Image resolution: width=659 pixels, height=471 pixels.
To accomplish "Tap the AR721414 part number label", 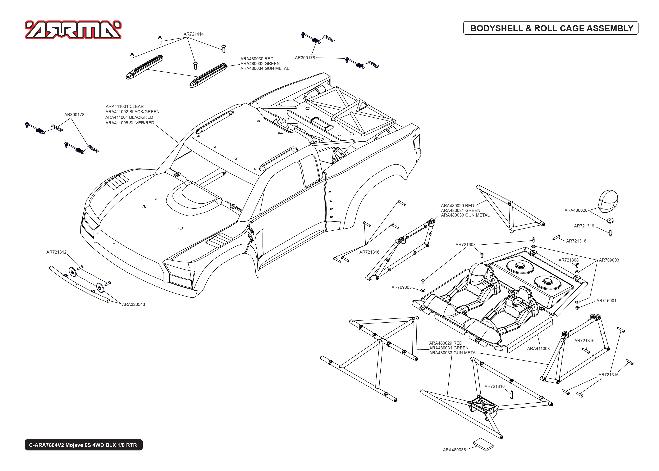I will [194, 34].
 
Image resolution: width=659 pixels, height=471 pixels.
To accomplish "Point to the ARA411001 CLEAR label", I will [125, 107].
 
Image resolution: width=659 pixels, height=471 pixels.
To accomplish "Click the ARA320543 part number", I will [133, 304].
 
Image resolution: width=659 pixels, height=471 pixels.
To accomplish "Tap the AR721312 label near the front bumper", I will [56, 252].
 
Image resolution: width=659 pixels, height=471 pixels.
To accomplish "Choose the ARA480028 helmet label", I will [576, 210].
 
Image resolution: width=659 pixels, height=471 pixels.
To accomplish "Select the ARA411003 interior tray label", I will [538, 349].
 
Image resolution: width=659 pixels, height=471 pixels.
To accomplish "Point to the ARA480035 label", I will [454, 450].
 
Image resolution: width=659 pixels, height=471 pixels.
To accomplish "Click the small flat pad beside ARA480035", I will [483, 445].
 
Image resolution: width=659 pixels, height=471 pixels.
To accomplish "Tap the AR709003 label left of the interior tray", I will [401, 287].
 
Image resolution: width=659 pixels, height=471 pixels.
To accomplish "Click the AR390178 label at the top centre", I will [305, 58].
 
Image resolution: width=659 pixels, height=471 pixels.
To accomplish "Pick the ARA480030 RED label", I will [257, 59].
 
